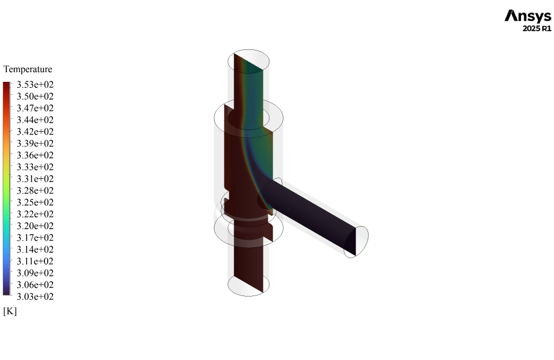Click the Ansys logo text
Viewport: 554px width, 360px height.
click(x=528, y=16)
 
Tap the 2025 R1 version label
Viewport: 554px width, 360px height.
click(x=537, y=29)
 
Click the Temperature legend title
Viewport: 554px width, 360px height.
click(x=28, y=69)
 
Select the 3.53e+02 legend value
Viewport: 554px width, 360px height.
click(x=35, y=85)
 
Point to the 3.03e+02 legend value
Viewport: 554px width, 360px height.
click(x=35, y=297)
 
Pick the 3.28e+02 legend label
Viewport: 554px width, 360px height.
click(x=35, y=190)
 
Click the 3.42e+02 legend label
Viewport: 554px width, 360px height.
click(x=35, y=131)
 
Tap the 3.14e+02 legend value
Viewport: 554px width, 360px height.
click(x=35, y=249)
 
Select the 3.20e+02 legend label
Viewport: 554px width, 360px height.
click(x=35, y=226)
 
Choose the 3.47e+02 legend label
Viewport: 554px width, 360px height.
click(x=35, y=108)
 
